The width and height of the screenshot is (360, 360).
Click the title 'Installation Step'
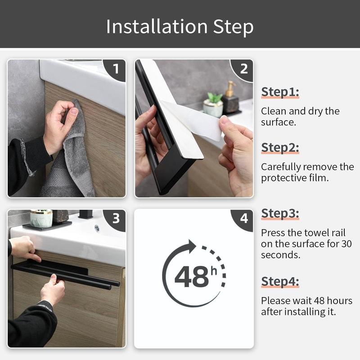click(x=180, y=27)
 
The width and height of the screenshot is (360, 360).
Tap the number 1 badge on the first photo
click(x=116, y=69)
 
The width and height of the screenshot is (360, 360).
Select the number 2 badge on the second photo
click(x=244, y=69)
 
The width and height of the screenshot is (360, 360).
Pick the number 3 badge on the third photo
click(x=116, y=219)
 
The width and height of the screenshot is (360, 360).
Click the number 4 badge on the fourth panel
click(x=244, y=219)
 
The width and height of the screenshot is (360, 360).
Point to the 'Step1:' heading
click(x=280, y=92)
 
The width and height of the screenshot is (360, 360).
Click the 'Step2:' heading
click(x=280, y=147)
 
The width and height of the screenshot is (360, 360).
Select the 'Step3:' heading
click(x=280, y=213)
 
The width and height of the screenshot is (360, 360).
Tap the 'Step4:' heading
click(x=280, y=282)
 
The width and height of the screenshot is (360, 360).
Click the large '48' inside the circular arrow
click(x=191, y=277)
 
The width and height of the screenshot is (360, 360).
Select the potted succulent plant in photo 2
click(x=213, y=105)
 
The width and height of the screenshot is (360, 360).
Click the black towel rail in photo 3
click(x=67, y=274)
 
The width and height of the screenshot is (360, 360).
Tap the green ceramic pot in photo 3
click(x=41, y=219)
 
